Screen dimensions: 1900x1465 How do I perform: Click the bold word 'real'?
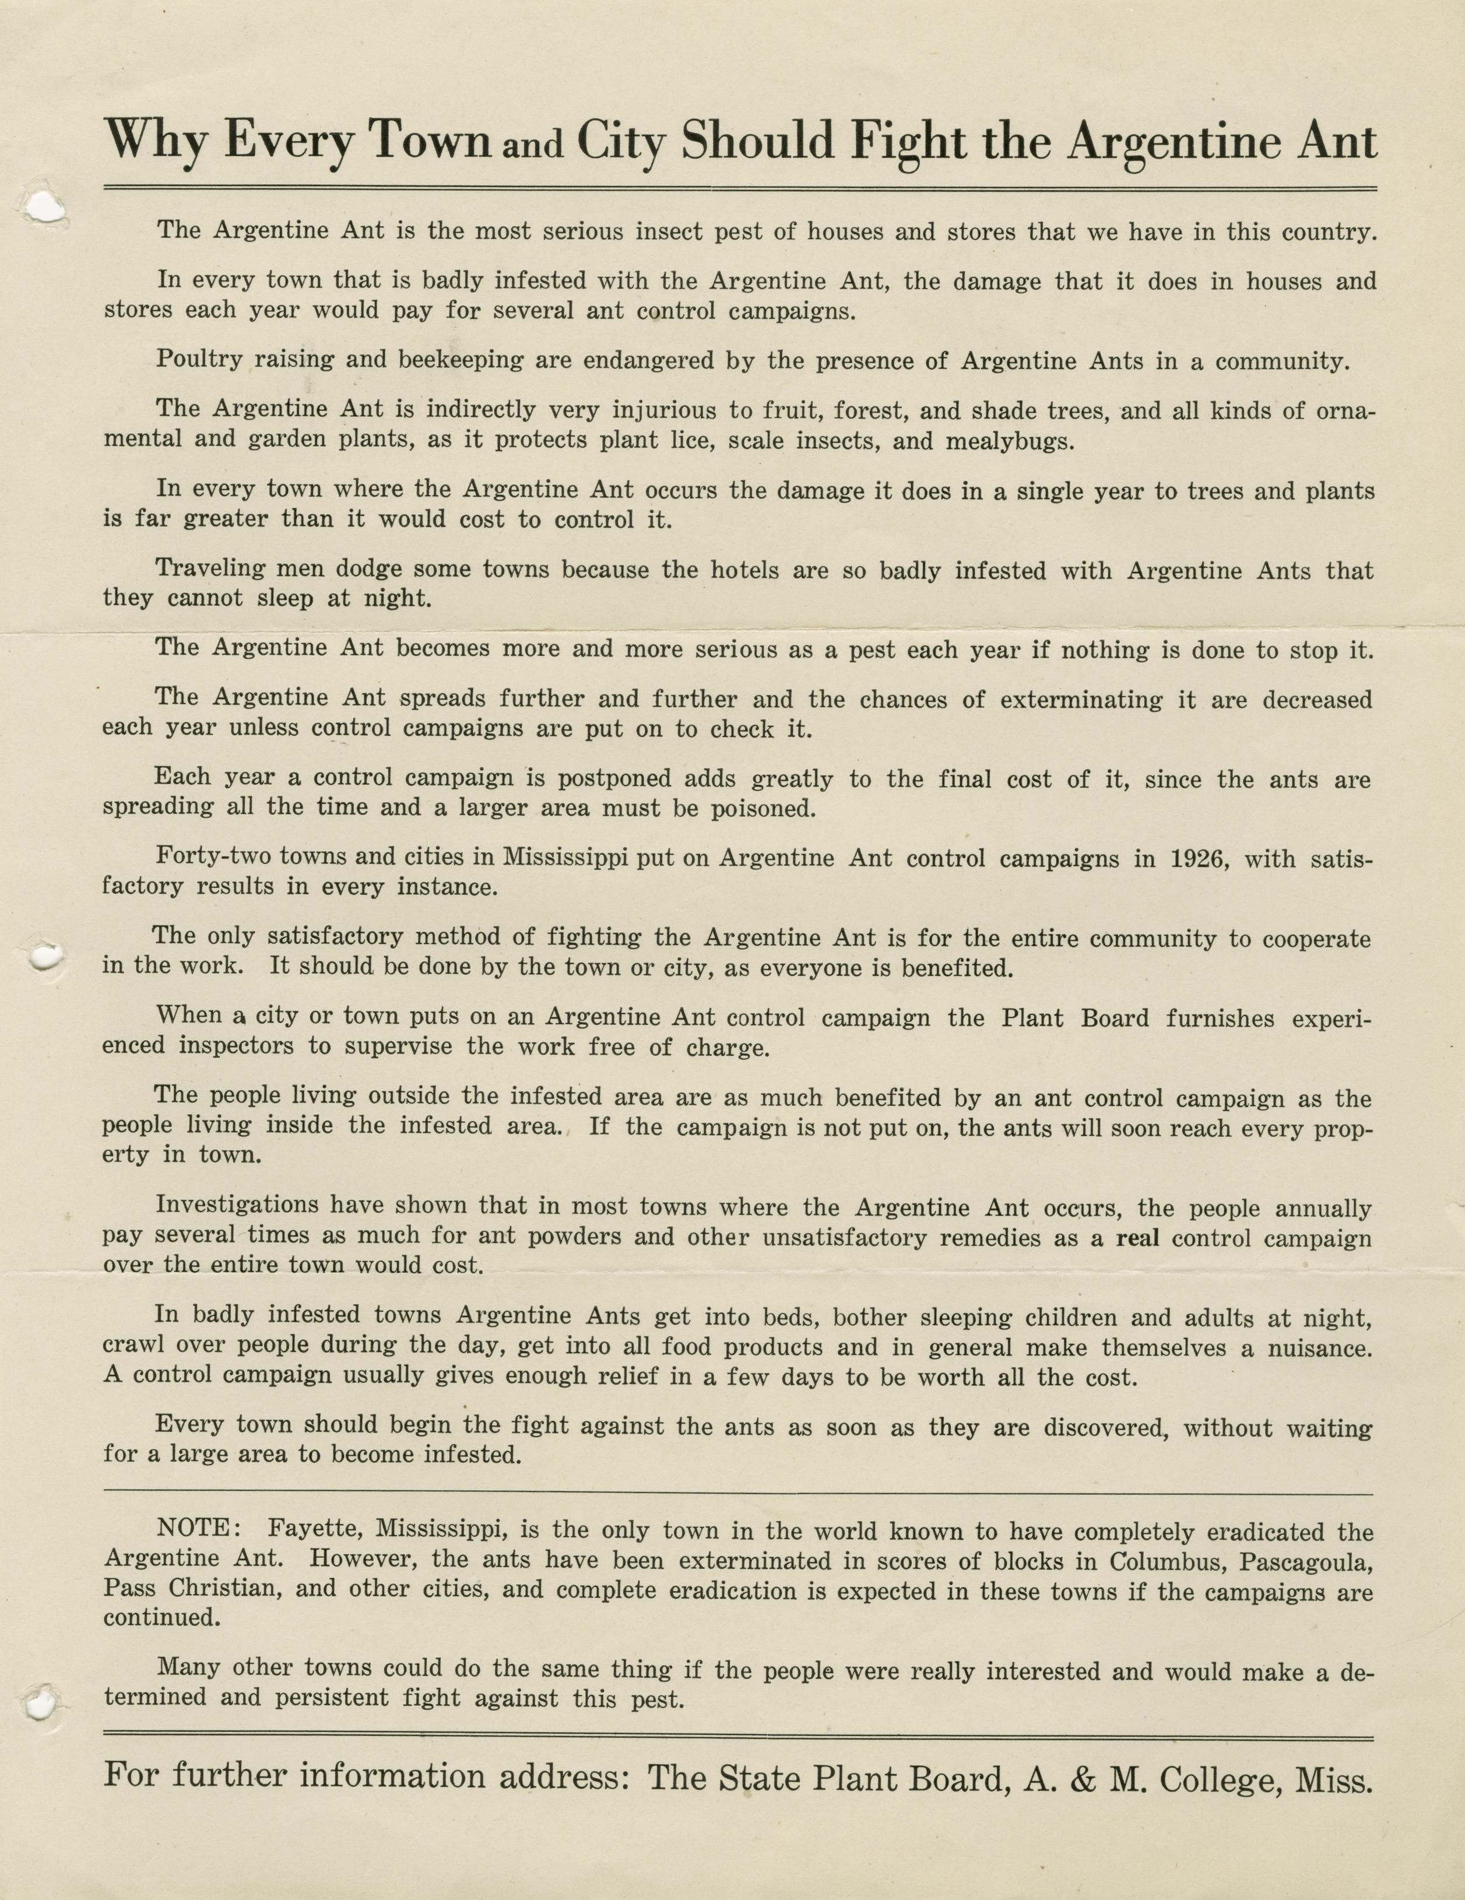click(x=1138, y=1237)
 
